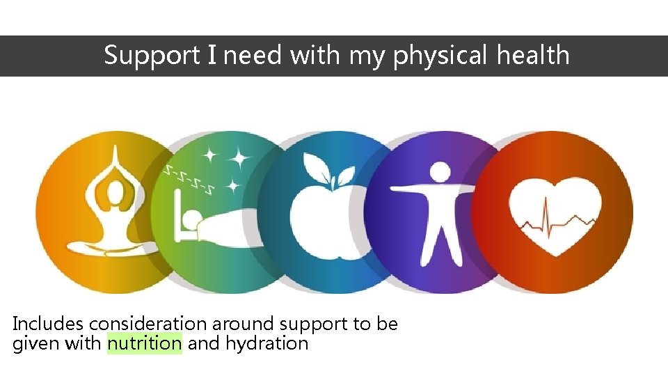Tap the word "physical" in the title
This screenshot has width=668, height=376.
(440, 56)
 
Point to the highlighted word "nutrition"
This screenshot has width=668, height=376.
(145, 343)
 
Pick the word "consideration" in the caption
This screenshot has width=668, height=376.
(148, 324)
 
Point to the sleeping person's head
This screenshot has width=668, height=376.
(189, 222)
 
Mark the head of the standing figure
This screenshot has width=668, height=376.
(440, 172)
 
